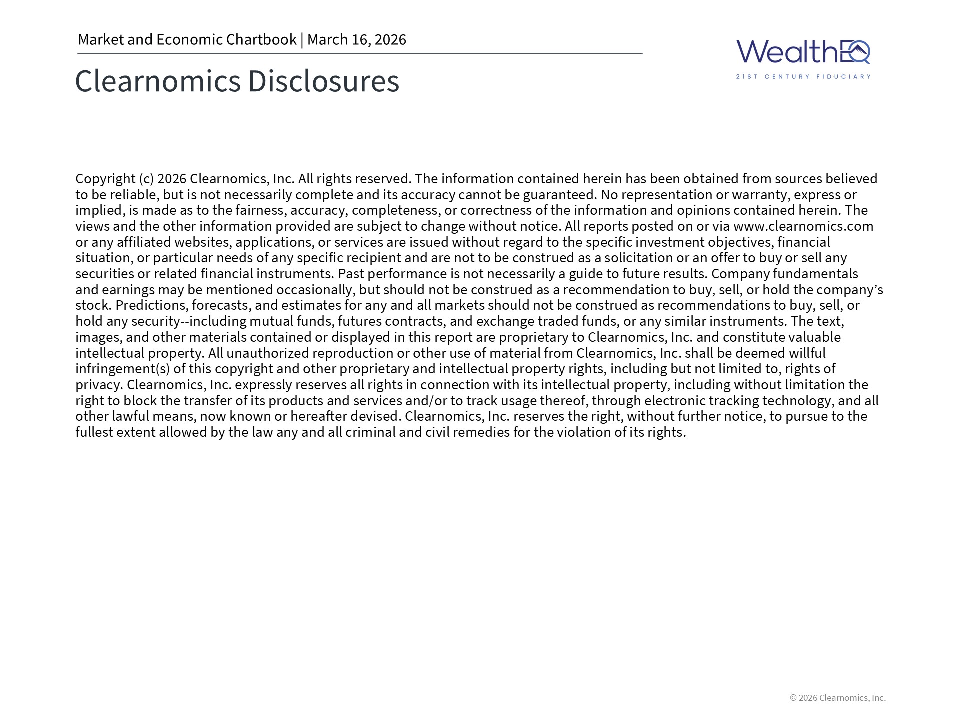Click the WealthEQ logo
[803, 52]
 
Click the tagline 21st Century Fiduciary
[803, 77]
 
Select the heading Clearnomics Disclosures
[237, 81]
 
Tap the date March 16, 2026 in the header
[356, 39]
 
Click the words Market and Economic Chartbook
[187, 39]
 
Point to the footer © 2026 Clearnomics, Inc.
[837, 698]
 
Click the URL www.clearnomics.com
[803, 226]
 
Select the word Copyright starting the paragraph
[105, 179]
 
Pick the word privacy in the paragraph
[98, 385]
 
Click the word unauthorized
[267, 353]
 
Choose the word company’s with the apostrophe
[857, 290]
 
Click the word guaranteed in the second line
[560, 195]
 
